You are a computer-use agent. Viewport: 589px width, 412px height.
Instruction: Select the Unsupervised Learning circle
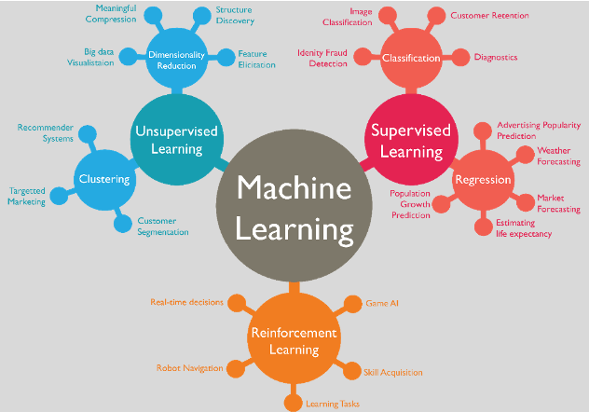[x=176, y=139]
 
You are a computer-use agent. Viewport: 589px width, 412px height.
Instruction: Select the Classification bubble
[x=410, y=58]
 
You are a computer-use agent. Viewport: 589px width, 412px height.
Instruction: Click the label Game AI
[x=382, y=303]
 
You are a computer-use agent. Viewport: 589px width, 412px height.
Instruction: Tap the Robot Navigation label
[x=189, y=368]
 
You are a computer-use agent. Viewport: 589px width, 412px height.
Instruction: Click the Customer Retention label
[x=489, y=16]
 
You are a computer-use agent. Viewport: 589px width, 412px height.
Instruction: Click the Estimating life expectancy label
[x=523, y=228]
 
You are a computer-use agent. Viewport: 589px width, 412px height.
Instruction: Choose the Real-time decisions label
[x=188, y=302]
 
